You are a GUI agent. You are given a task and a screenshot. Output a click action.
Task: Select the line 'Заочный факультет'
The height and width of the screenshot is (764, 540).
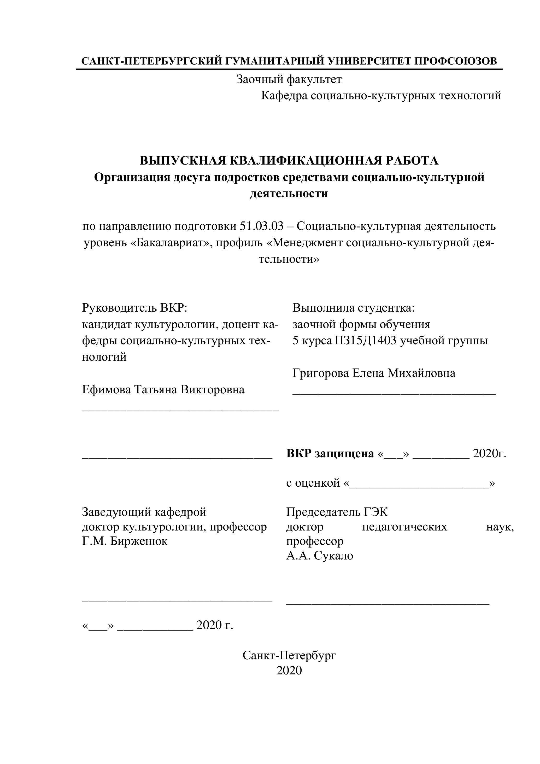pos(289,79)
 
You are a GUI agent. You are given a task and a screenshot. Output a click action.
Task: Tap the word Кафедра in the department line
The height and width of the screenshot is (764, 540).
pos(284,96)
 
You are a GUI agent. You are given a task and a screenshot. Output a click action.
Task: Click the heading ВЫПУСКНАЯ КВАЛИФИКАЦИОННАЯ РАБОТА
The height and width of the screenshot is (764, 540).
pos(289,161)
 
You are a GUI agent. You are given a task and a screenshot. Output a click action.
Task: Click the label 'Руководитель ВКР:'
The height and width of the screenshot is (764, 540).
pos(135,308)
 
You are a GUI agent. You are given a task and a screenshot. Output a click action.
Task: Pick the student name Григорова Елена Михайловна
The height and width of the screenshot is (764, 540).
pos(374,373)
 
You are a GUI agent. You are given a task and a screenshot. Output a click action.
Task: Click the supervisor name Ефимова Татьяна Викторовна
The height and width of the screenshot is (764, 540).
pos(163,389)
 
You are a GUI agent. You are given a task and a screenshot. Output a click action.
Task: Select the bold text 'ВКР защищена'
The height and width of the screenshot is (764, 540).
pos(330,453)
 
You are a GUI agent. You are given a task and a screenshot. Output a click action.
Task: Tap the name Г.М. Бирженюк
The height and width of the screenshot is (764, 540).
pos(125,541)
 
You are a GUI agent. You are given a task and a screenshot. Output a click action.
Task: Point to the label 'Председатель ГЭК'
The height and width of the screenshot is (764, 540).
pos(337,512)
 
